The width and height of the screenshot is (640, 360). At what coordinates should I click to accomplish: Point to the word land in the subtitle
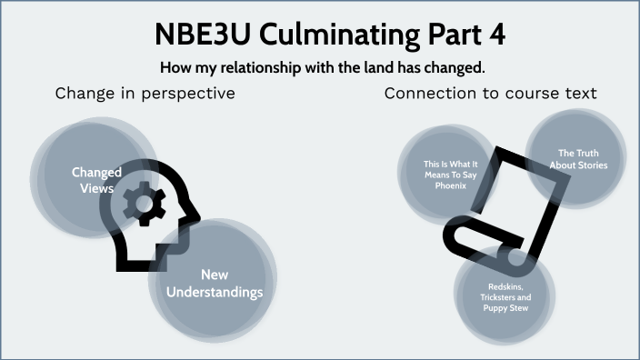click(x=381, y=67)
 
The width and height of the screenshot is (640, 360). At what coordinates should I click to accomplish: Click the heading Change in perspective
click(x=145, y=94)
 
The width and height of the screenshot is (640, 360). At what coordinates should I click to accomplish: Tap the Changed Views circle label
click(x=96, y=180)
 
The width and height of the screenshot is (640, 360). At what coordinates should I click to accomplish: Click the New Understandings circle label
click(x=215, y=283)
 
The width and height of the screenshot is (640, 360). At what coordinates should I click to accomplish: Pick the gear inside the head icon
click(x=143, y=202)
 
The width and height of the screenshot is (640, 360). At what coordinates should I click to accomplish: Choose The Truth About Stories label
click(x=578, y=159)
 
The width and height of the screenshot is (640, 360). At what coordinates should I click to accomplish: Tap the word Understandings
click(x=215, y=292)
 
